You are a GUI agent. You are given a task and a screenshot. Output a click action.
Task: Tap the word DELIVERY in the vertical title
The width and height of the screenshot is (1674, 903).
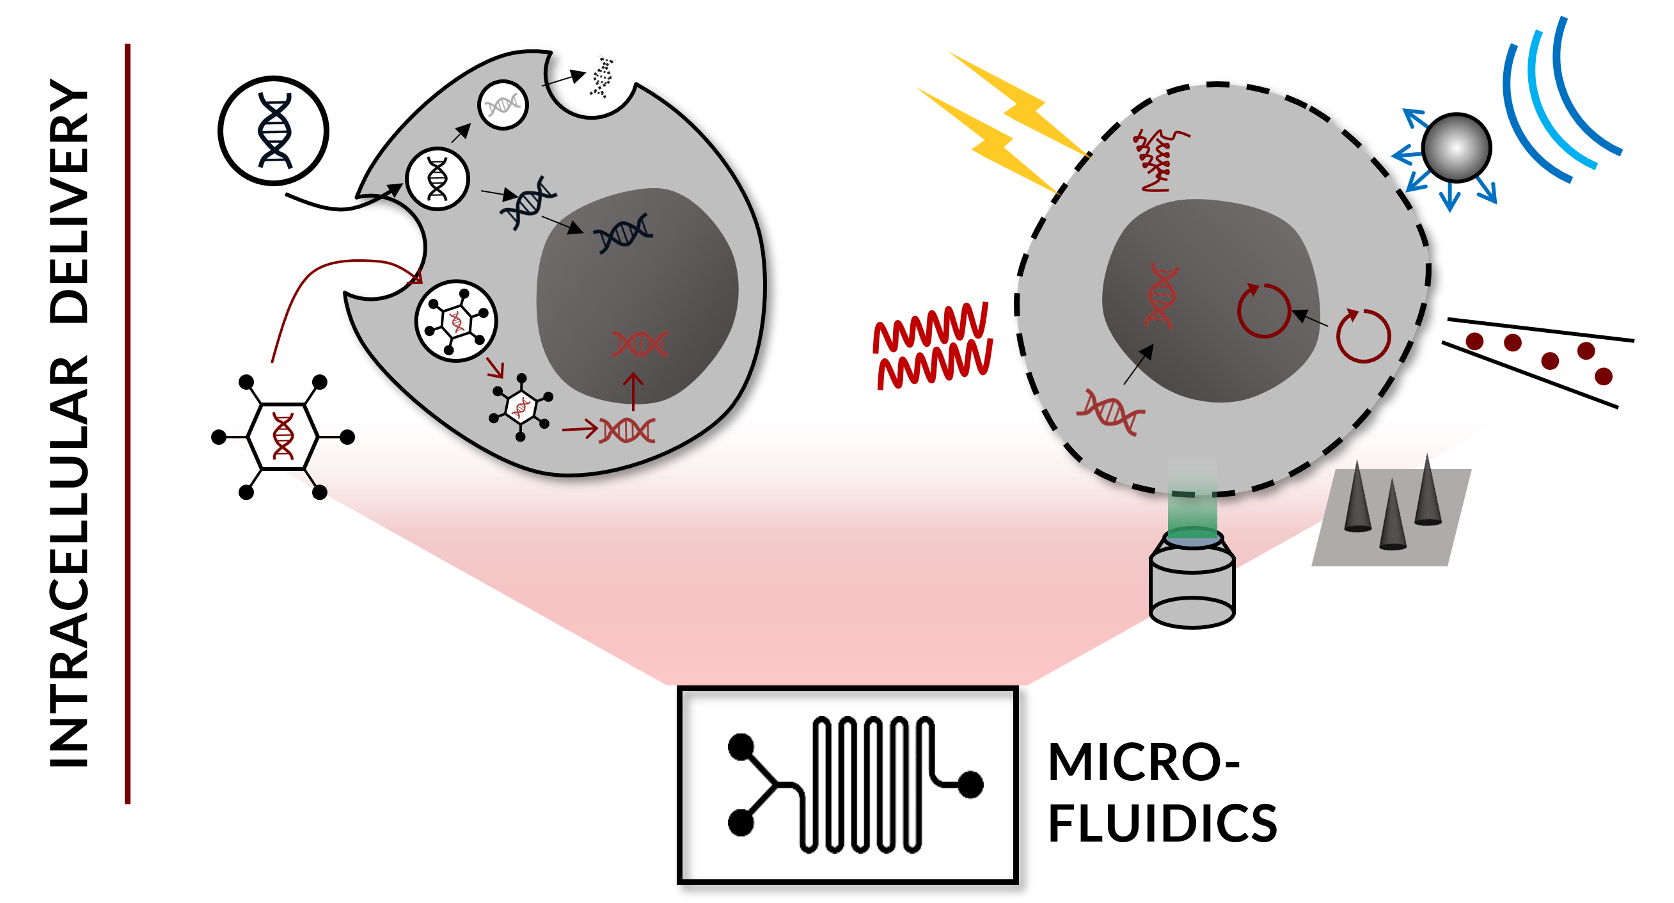click(x=68, y=202)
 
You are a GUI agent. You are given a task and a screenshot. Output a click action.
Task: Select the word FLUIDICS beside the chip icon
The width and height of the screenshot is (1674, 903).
click(x=1163, y=824)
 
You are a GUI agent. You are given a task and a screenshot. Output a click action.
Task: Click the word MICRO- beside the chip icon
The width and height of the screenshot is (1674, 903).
click(x=1144, y=762)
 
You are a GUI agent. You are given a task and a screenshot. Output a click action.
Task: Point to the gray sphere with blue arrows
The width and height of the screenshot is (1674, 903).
click(x=1456, y=148)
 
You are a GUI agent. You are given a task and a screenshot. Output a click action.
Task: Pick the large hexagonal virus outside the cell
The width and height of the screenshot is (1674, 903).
click(x=283, y=437)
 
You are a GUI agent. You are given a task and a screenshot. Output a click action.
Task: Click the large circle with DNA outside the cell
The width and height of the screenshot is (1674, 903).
click(x=274, y=131)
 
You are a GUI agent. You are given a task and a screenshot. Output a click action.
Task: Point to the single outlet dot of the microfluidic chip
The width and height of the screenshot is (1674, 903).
click(x=970, y=784)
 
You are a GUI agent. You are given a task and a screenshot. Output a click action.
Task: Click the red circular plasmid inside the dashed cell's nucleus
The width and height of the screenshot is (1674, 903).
click(x=1263, y=311)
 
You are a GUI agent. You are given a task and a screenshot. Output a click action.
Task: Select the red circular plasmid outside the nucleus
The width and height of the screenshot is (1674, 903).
click(x=1362, y=336)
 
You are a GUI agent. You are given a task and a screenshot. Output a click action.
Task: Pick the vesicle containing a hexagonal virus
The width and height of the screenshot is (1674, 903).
click(x=456, y=321)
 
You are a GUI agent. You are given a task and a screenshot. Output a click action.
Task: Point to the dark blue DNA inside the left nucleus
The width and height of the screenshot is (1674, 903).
click(x=622, y=233)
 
